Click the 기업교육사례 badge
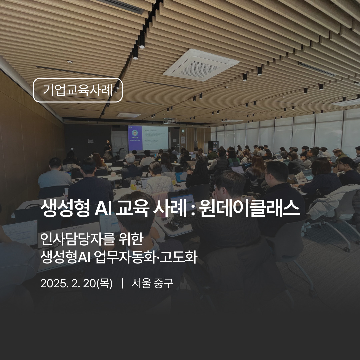[78, 90]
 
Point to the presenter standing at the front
[107, 149]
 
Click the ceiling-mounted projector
[170, 120]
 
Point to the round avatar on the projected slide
[135, 134]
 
